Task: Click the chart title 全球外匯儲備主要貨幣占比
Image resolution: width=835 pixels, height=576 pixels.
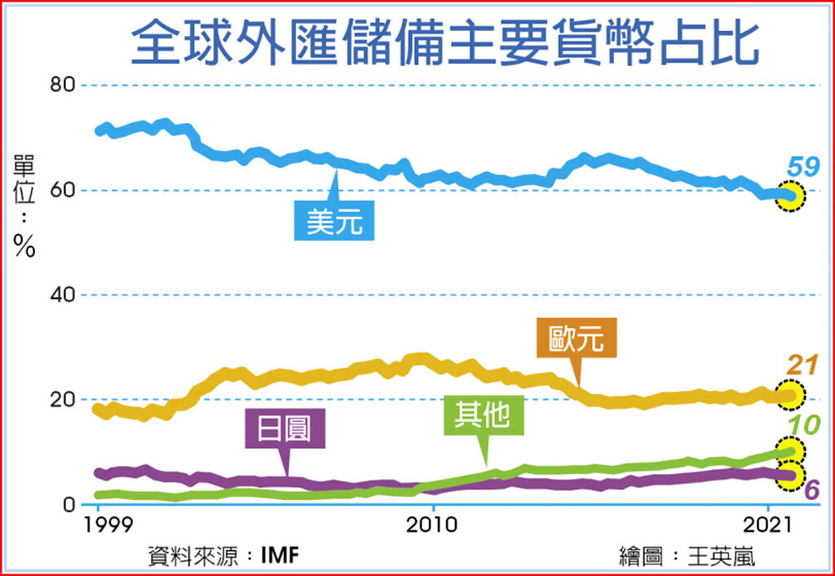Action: coord(444,43)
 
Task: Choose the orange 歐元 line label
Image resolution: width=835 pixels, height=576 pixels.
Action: coord(577,338)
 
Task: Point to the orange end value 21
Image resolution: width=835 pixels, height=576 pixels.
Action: coord(803,366)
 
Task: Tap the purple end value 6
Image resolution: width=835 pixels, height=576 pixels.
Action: coord(812,490)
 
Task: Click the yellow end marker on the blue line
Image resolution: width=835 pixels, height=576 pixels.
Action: coord(789,196)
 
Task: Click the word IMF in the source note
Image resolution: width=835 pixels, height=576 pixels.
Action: coord(280,557)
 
